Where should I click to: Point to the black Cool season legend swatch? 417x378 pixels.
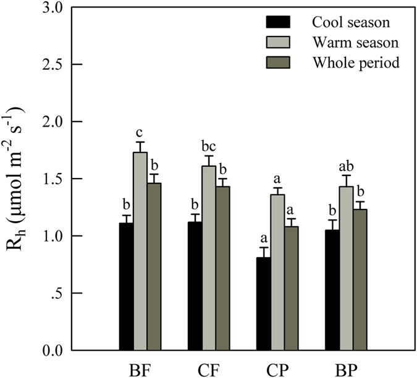279,23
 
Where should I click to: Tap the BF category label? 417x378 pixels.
140,368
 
